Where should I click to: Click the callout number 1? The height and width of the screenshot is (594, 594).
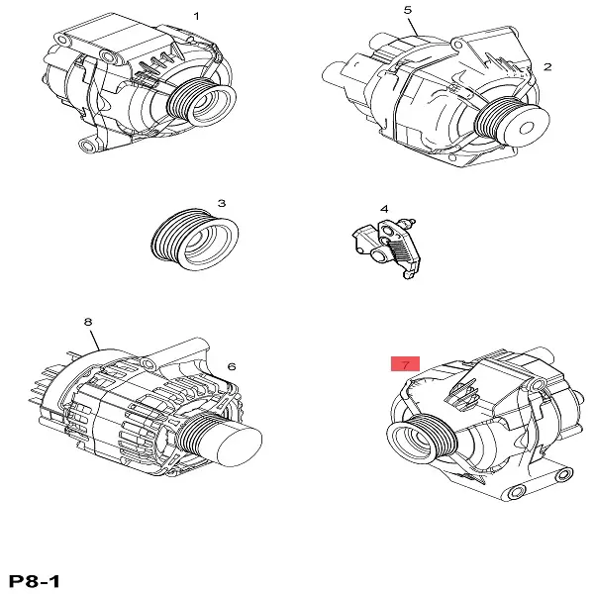click(196, 16)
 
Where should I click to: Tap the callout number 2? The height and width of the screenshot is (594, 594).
click(547, 67)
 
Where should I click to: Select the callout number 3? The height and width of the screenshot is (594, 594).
click(222, 203)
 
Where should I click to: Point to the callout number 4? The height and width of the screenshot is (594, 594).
click(384, 209)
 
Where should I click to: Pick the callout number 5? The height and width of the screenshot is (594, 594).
click(408, 10)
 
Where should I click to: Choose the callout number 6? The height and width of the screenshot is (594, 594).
click(232, 366)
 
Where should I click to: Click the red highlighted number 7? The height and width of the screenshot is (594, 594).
click(405, 364)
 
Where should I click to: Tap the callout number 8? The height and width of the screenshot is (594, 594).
click(88, 322)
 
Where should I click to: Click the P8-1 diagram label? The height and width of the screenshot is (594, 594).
click(34, 581)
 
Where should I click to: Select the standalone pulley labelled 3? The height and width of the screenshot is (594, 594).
click(195, 239)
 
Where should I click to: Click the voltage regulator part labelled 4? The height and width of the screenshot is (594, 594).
click(387, 247)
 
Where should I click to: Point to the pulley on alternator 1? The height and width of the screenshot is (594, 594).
click(202, 102)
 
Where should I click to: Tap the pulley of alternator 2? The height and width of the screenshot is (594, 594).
click(512, 121)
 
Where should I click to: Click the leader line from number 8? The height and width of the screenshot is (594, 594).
click(95, 340)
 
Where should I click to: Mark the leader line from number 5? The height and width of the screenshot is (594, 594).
click(414, 26)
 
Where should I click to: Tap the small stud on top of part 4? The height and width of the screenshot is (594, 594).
click(409, 221)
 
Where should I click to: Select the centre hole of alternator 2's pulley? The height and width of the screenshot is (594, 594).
click(527, 128)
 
